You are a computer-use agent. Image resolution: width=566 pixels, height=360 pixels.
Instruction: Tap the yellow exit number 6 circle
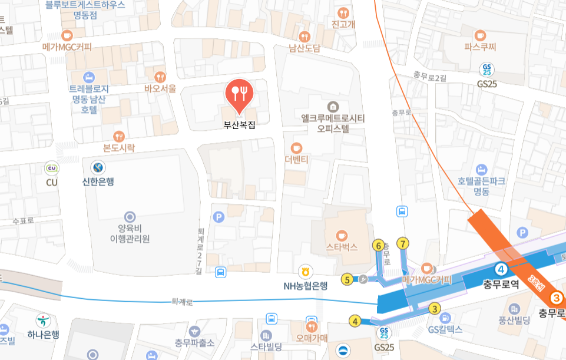click(x=379, y=245)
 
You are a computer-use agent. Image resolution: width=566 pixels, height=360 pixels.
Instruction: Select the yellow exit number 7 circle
click(x=403, y=243)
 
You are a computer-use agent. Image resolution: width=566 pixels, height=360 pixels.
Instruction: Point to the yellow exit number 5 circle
click(x=347, y=279)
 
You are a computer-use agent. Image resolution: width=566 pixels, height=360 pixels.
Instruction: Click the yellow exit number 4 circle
click(x=354, y=321)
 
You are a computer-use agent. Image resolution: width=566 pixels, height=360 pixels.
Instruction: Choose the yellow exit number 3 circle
click(x=435, y=308)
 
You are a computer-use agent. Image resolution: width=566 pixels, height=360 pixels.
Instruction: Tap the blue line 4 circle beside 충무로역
click(x=501, y=269)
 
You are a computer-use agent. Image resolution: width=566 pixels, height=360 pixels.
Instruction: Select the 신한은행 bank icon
click(x=98, y=167)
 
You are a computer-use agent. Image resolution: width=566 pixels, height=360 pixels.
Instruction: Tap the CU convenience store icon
click(x=52, y=168)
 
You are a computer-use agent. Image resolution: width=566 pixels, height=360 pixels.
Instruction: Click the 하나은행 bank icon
click(x=43, y=321)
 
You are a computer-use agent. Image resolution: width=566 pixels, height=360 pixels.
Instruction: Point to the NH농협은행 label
click(x=305, y=286)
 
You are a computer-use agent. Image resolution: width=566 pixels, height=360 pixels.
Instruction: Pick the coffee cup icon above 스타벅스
click(x=342, y=235)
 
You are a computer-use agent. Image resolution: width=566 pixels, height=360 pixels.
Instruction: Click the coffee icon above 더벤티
click(x=296, y=147)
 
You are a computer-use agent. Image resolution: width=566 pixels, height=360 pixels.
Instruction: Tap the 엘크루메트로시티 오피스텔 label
click(x=333, y=123)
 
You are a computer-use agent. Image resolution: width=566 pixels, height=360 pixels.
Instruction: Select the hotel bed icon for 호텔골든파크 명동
click(x=481, y=169)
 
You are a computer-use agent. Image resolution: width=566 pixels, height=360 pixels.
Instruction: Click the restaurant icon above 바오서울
click(x=160, y=77)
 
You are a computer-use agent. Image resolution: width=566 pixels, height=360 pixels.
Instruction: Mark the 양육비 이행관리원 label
click(x=130, y=233)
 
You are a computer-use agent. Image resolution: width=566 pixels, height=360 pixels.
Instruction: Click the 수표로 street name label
click(x=24, y=222)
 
